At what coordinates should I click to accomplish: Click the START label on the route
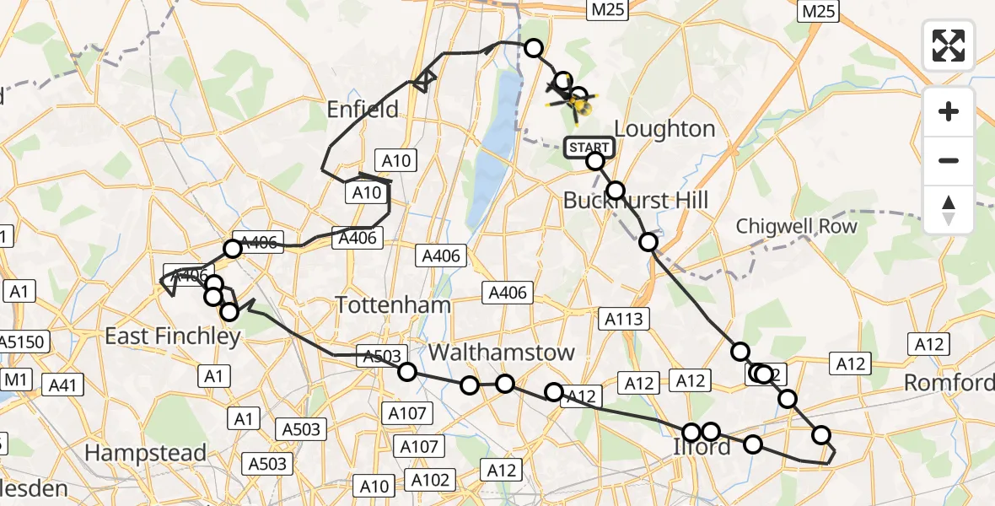pos(589,148)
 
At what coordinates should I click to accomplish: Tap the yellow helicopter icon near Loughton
pos(580,105)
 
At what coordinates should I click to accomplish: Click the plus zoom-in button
pos(949,112)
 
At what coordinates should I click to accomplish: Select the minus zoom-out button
pos(949,160)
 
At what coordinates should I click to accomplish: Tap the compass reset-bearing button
pos(949,209)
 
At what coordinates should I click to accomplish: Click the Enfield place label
pos(363,109)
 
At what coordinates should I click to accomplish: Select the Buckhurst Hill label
pos(636,200)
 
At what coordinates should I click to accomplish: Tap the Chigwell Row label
pos(796,226)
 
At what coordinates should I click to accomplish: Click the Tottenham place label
pos(393,304)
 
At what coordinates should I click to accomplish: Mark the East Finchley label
pos(173,336)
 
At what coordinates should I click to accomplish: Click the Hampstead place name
pos(145,453)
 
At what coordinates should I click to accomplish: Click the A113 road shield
pos(623,318)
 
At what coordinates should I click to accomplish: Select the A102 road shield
pos(430,480)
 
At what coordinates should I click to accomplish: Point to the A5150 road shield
pos(24,342)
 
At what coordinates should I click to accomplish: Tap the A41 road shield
pos(62,385)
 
